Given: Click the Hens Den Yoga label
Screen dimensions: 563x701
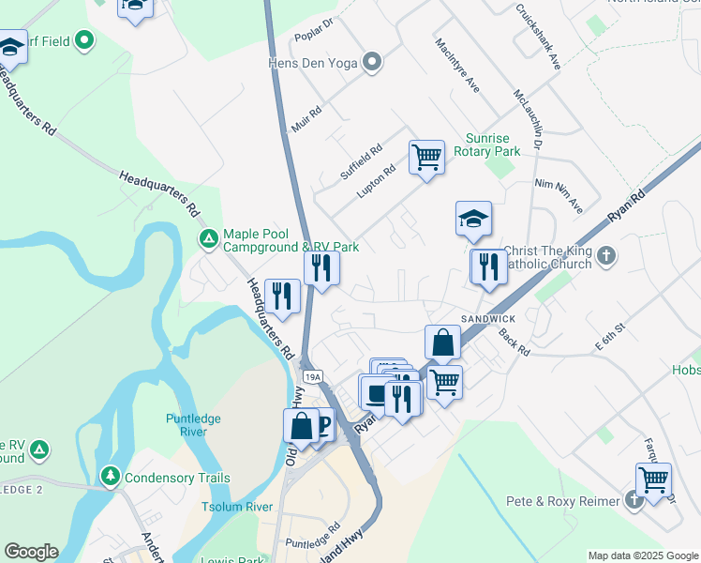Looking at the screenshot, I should (x=311, y=63).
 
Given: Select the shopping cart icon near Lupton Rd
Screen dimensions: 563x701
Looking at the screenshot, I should (x=426, y=157).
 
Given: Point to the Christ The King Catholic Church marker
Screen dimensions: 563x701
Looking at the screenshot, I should (x=607, y=255).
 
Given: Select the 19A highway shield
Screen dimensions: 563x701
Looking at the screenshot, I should (x=313, y=376).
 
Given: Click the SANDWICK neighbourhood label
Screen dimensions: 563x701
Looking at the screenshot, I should (x=487, y=319).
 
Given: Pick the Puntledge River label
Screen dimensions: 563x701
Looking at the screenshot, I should (x=199, y=425).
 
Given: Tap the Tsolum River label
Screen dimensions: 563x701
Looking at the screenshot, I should (x=246, y=507).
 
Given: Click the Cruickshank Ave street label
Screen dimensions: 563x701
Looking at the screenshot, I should (x=537, y=38).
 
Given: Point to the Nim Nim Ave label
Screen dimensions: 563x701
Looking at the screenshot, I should (x=559, y=194).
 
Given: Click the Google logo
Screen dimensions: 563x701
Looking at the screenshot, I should (x=31, y=552).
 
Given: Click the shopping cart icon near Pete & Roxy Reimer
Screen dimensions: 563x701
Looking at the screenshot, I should (x=653, y=479).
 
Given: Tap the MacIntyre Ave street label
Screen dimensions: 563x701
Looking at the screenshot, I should (x=457, y=65).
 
